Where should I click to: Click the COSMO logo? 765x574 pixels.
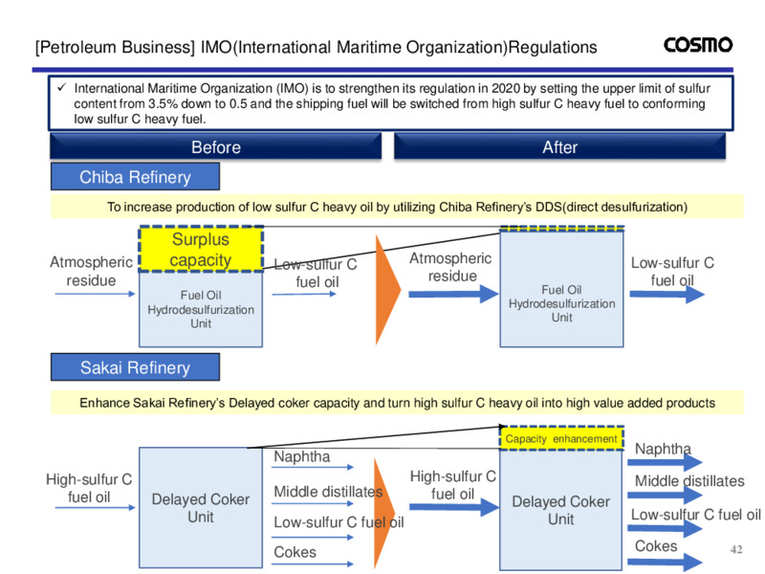pos(698,45)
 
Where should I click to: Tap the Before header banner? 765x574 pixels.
pos(216,146)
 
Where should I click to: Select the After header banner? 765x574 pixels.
pos(559,146)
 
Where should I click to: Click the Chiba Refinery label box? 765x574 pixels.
pos(135,177)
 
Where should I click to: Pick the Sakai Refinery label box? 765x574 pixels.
pos(135,367)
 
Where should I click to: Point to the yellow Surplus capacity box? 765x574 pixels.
pos(201,249)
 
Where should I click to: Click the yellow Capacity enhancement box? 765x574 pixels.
pos(561,438)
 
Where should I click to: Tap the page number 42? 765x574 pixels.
pos(736,549)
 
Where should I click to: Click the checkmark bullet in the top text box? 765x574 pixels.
pos(61,88)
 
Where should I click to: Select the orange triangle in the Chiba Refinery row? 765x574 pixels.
pos(388,290)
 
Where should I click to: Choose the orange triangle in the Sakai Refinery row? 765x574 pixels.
pos(385,514)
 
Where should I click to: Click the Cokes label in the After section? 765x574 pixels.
pos(656,545)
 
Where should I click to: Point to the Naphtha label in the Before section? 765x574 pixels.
pos(302,456)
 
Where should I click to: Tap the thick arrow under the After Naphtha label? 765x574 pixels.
pos(665,462)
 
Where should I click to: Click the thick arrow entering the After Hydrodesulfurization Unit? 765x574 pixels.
pos(453,294)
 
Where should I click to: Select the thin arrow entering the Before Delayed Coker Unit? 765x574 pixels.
pos(95,508)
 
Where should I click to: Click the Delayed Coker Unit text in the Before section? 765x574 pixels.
pos(201,508)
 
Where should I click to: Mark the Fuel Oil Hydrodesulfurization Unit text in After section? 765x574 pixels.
pos(561,303)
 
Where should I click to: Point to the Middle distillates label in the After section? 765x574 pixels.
pos(689,481)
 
